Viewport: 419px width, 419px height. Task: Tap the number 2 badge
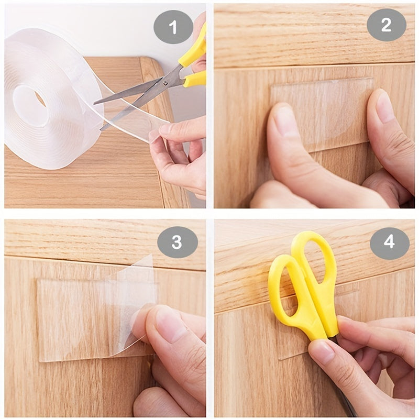click(386, 25)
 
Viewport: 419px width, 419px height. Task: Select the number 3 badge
click(177, 242)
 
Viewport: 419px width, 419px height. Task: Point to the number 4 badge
click(389, 242)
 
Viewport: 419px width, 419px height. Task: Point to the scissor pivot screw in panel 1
click(167, 82)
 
